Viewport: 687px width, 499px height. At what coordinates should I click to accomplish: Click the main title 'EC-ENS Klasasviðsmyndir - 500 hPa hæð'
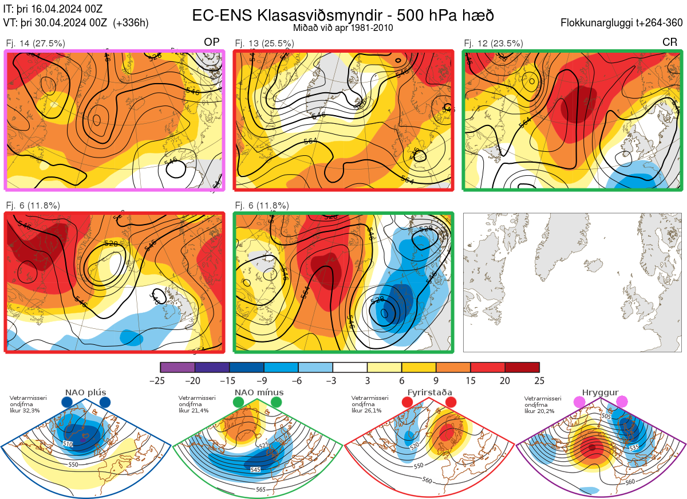tap(343, 15)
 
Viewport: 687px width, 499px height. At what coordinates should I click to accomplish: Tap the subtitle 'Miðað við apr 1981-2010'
tap(342, 28)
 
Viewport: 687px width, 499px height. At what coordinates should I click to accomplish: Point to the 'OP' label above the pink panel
tap(211, 42)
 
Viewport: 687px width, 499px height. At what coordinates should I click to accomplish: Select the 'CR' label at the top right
tap(669, 42)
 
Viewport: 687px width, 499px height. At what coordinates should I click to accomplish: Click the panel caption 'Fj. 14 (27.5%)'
tap(35, 43)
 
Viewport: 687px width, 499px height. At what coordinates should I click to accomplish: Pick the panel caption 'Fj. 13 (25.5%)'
tap(264, 43)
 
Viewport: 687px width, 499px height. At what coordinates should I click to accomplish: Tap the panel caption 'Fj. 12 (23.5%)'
tap(493, 43)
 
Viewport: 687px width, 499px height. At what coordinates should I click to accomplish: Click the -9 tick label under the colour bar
tap(264, 380)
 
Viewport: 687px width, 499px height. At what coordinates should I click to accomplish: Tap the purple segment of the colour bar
tap(178, 367)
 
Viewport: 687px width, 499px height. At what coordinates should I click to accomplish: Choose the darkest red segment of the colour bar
tap(522, 367)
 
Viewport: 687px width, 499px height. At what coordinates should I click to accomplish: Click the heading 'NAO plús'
tap(85, 392)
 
